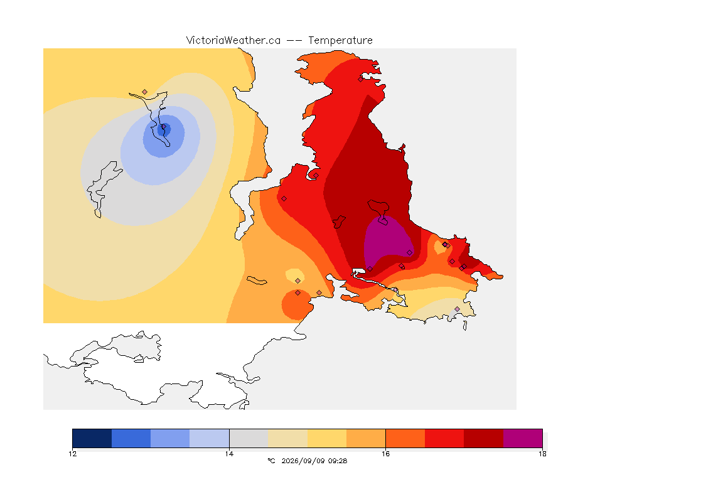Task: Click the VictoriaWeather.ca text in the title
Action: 233,41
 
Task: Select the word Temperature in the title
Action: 340,41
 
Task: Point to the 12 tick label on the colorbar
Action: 73,454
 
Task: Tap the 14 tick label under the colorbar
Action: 229,454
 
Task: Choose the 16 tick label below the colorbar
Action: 385,454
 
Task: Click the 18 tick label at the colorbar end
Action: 542,454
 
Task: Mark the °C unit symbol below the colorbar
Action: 271,461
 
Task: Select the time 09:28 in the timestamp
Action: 338,461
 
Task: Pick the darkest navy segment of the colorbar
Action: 92,438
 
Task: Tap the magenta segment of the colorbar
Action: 523,438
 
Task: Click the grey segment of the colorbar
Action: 249,438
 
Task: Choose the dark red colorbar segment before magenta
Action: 484,438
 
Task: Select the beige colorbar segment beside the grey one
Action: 287,438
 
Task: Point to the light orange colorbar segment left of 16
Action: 366,438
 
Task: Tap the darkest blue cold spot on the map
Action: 164,130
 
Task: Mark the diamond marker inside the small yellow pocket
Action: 298,281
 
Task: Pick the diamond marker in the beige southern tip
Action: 457,309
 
